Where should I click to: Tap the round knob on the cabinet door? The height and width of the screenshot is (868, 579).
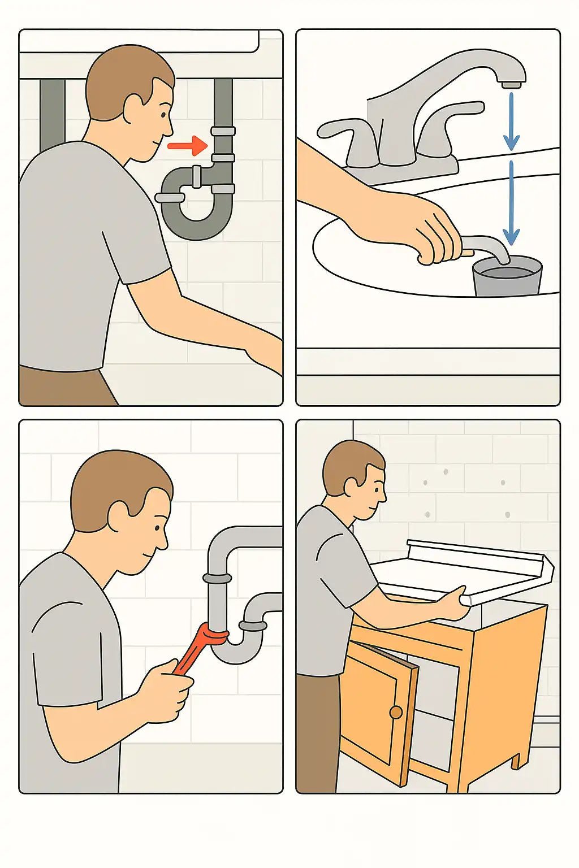(396, 712)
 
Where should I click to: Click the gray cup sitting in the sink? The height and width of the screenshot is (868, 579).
(507, 277)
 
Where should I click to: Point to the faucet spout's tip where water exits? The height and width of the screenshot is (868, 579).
(511, 84)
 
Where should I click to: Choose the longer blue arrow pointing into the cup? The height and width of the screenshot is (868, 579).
(511, 203)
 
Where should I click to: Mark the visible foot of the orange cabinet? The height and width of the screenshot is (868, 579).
(515, 761)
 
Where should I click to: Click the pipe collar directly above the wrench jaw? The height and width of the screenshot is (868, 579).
(217, 579)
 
